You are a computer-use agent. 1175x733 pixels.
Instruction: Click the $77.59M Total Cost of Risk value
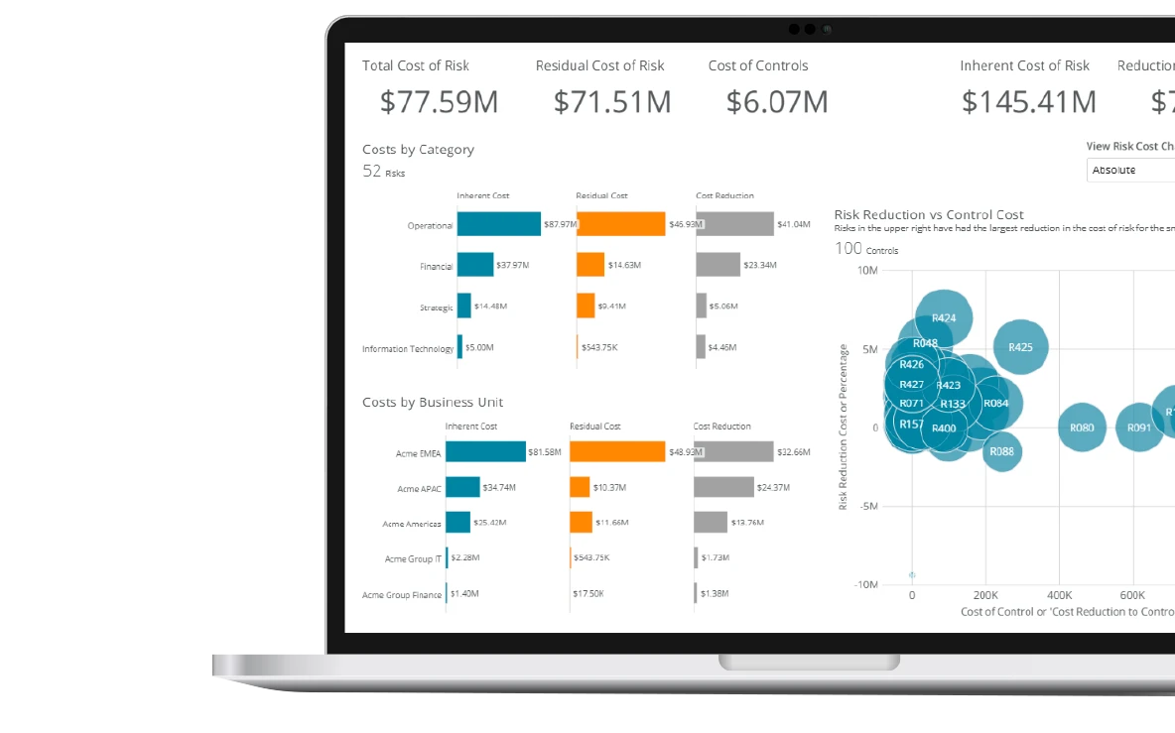point(439,101)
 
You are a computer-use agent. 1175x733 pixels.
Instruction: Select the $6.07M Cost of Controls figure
point(776,101)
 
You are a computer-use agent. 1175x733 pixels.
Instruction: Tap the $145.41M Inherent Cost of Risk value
point(1028,101)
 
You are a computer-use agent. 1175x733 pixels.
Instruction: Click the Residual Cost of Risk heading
point(599,65)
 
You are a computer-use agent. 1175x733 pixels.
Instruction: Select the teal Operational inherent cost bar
point(498,224)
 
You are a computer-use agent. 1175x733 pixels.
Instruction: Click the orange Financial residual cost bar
point(589,265)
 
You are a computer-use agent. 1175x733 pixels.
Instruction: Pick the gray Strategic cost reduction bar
point(701,305)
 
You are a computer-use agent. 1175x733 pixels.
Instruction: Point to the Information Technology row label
point(407,349)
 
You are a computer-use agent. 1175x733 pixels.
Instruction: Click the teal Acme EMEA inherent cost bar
point(485,451)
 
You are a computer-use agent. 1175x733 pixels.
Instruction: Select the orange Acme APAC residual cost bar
point(580,487)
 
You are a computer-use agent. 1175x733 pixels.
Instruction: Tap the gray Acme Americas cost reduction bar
point(711,523)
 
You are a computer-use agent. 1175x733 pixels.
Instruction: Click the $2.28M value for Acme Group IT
point(465,558)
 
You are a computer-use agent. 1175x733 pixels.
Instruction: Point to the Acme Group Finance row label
point(402,595)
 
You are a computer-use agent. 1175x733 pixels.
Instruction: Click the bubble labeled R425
point(1020,347)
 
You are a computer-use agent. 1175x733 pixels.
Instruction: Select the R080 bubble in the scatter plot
point(1082,428)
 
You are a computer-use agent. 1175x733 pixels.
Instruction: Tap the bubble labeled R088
point(1002,451)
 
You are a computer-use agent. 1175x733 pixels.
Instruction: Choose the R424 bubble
point(944,318)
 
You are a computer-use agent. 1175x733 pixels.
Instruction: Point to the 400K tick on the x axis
point(1059,596)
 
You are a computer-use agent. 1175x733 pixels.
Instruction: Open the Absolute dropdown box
point(1131,171)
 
